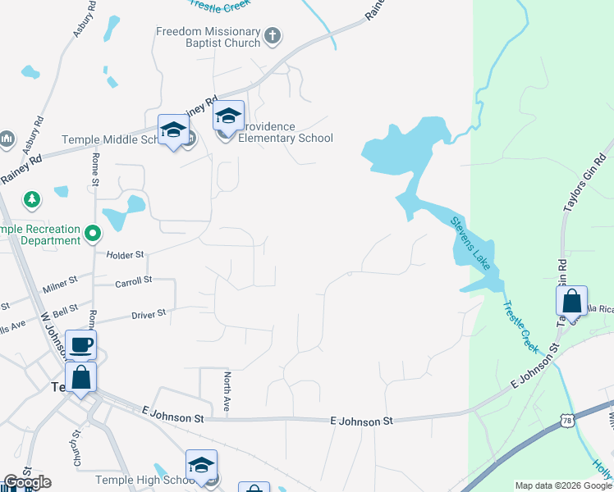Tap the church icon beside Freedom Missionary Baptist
pos(273,35)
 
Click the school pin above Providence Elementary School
pos(229,117)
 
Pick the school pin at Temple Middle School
pos(173,130)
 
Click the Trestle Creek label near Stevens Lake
pos(519,327)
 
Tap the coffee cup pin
pos(80,345)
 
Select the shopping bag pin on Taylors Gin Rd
pos(572,303)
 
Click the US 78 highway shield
pos(567,421)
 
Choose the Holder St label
pos(125,254)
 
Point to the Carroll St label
pos(134,280)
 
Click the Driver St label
pos(149,313)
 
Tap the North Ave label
pos(227,391)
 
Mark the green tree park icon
pos(32,199)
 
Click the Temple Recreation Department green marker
pos(93,235)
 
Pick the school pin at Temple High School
pos(201,466)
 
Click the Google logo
pos(27,482)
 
